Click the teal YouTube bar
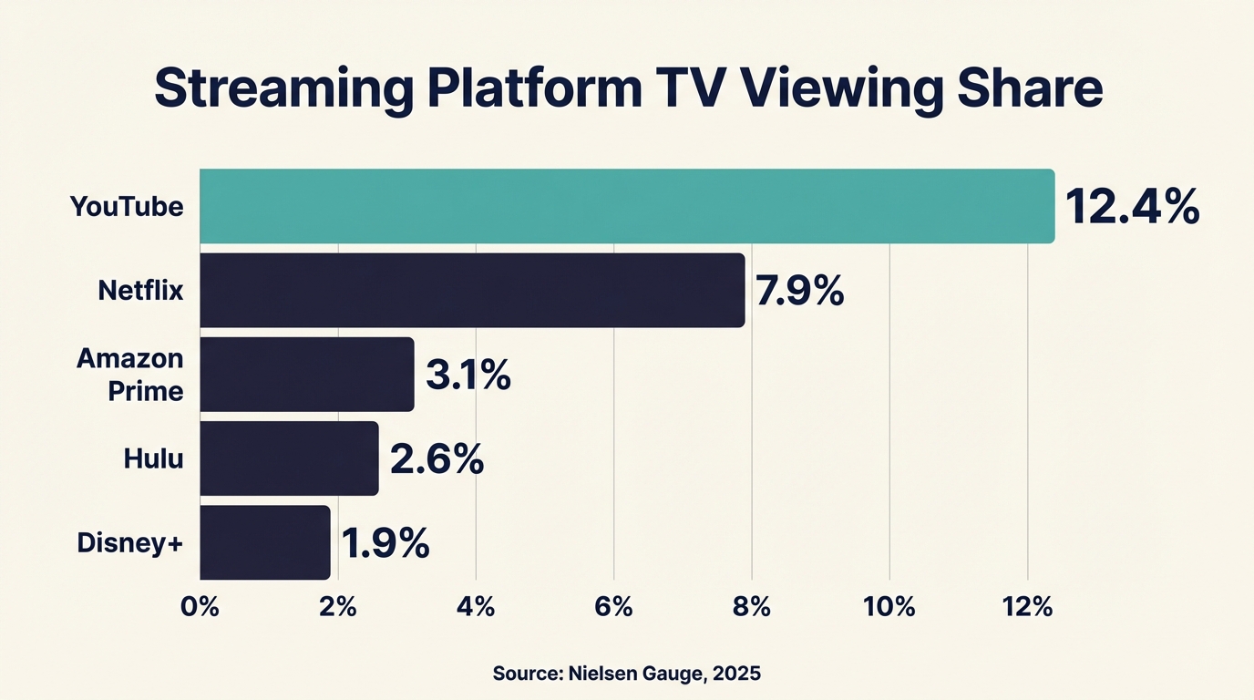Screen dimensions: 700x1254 pos(627,206)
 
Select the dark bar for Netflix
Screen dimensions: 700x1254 pos(472,291)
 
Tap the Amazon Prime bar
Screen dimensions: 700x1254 pos(307,375)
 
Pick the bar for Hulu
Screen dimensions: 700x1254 pos(289,458)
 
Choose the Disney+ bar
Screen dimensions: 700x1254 pos(264,542)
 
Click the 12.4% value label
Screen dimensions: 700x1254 pos(1132,207)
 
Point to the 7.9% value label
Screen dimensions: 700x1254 pos(800,292)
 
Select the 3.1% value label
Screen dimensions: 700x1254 pos(468,376)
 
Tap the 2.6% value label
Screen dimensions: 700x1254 pos(437,459)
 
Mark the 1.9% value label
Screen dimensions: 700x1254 pos(385,543)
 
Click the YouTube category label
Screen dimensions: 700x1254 pos(127,207)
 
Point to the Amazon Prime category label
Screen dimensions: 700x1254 pos(130,375)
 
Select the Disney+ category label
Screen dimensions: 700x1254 pos(130,542)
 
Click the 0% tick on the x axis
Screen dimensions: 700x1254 pos(200,607)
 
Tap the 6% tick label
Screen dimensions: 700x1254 pos(613,607)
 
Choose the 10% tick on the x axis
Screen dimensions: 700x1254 pos(889,607)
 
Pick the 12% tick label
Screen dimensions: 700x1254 pos(1027,607)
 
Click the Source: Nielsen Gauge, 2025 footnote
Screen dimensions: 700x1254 pos(626,674)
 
